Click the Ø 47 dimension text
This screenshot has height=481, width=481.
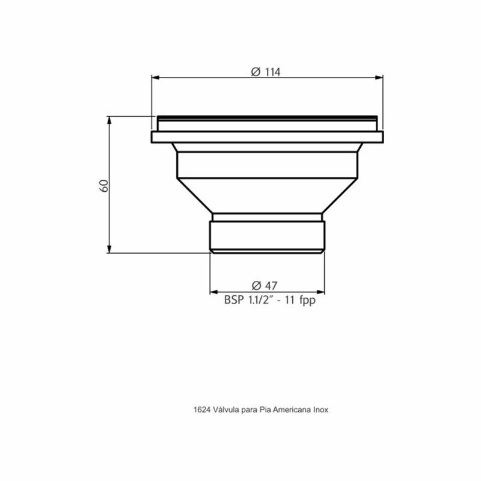click(x=266, y=285)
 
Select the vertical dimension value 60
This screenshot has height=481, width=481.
click(x=103, y=185)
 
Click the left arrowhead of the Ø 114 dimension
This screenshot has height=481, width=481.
click(x=154, y=77)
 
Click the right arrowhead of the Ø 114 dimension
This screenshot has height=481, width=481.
click(x=379, y=77)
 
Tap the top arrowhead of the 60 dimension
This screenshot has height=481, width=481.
click(x=109, y=120)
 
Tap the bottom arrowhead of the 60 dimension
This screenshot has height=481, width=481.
click(x=109, y=250)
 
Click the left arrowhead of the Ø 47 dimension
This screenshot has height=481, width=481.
click(x=213, y=293)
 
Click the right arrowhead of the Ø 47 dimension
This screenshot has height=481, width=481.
click(x=323, y=293)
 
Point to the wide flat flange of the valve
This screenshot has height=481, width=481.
click(x=267, y=138)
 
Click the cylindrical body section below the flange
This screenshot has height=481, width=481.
click(x=267, y=164)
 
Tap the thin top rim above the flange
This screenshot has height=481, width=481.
click(x=267, y=118)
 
